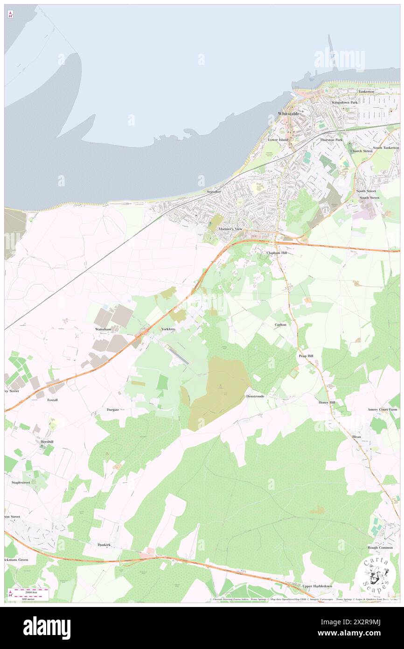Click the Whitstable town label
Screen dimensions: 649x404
[x=289, y=113]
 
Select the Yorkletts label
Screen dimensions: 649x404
[x=168, y=329]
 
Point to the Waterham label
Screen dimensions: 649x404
[x=103, y=329]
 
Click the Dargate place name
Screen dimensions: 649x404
[x=112, y=409]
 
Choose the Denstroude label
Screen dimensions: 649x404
[x=255, y=396]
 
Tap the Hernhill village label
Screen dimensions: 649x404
[x=47, y=441]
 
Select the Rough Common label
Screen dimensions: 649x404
[x=380, y=548]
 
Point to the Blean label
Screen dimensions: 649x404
[x=356, y=437]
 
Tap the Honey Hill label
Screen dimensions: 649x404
[x=327, y=402]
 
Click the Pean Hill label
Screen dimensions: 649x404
[x=306, y=356]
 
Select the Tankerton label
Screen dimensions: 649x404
[x=366, y=92]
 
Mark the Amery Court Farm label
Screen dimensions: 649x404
[x=382, y=409]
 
